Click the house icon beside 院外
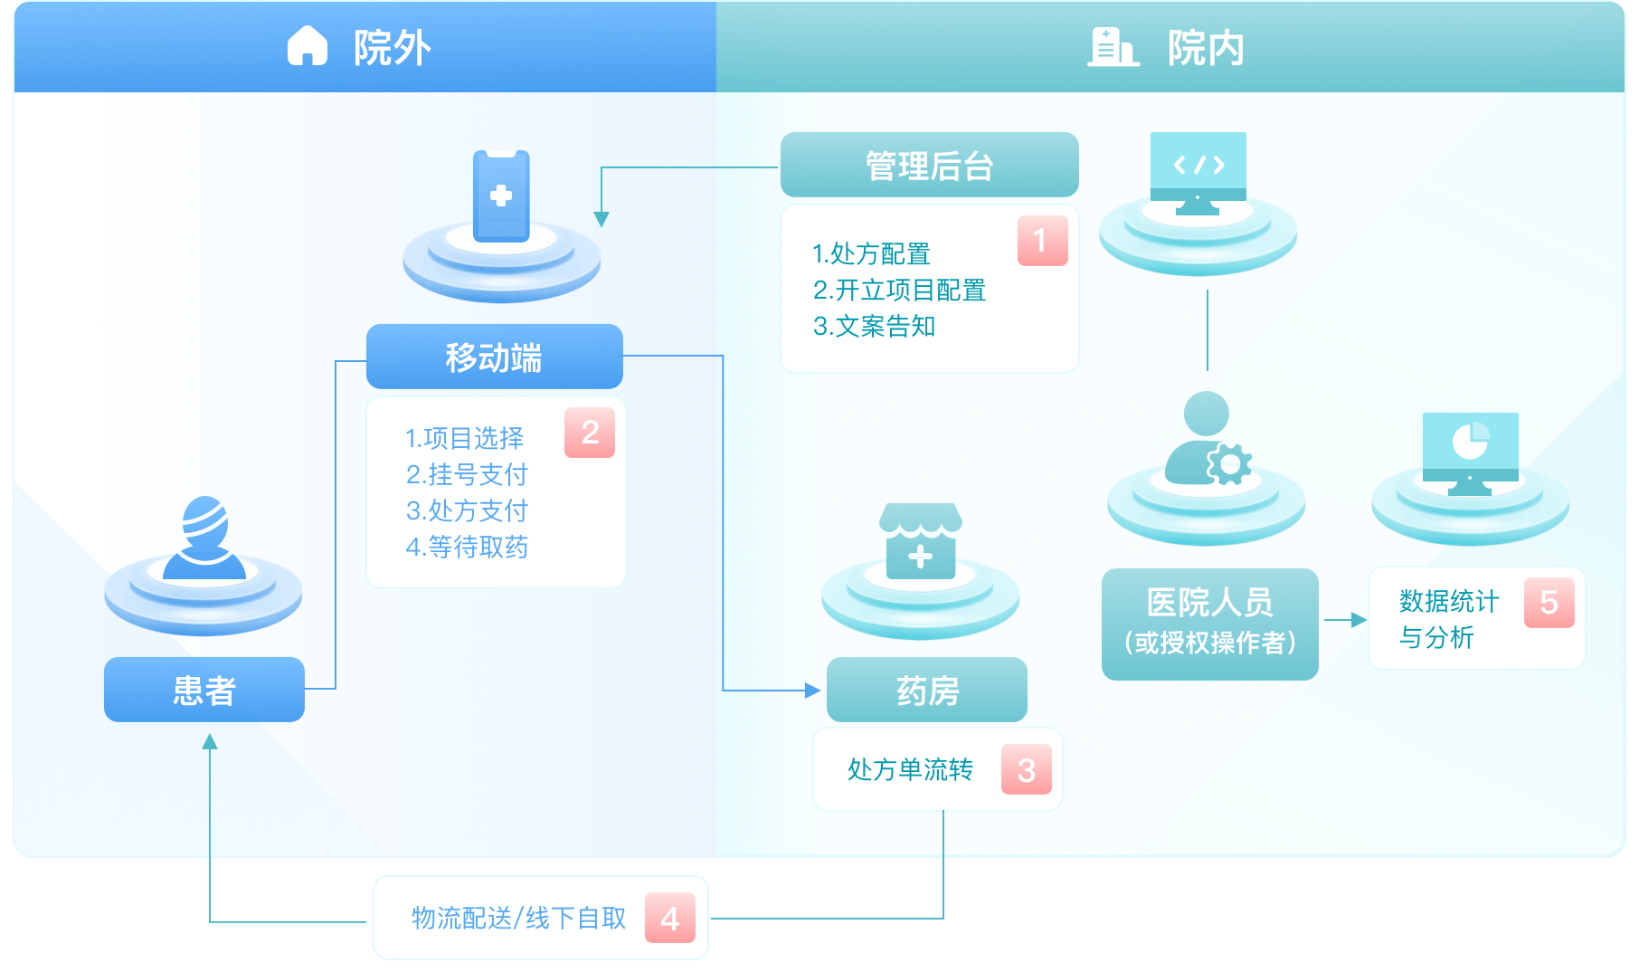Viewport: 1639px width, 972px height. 307,46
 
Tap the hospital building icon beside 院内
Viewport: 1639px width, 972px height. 1112,47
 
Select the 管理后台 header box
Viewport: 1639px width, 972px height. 929,165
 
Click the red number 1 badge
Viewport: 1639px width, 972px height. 1042,241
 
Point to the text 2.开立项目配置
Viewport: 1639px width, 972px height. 899,291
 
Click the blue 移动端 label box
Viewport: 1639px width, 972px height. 494,357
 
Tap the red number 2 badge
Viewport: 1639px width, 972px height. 590,433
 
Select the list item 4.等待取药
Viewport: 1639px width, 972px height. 467,547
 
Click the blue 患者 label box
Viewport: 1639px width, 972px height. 204,690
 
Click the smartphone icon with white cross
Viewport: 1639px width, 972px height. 501,196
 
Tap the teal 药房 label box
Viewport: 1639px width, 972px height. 926,691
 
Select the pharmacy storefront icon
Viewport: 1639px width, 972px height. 920,541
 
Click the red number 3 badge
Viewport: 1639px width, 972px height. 1026,770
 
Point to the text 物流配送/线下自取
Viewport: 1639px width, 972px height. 518,919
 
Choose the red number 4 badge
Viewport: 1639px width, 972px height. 669,919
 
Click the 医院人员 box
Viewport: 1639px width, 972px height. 1209,623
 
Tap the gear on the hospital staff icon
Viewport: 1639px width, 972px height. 1229,464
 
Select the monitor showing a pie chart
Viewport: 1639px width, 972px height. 1470,449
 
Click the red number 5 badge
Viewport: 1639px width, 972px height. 1549,603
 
